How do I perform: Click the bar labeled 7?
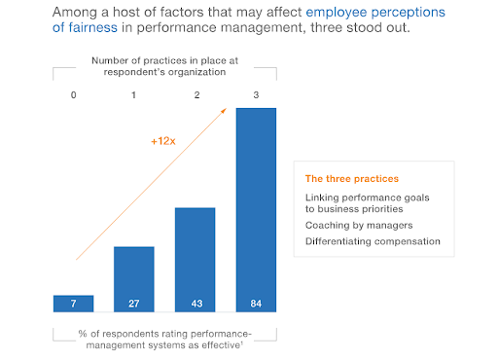73,302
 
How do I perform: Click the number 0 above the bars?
73,96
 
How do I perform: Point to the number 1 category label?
134,96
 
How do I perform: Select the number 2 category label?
195,96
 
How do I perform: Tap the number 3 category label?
256,96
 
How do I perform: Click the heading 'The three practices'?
351,179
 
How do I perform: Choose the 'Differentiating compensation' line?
373,240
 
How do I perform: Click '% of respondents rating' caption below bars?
160,334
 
